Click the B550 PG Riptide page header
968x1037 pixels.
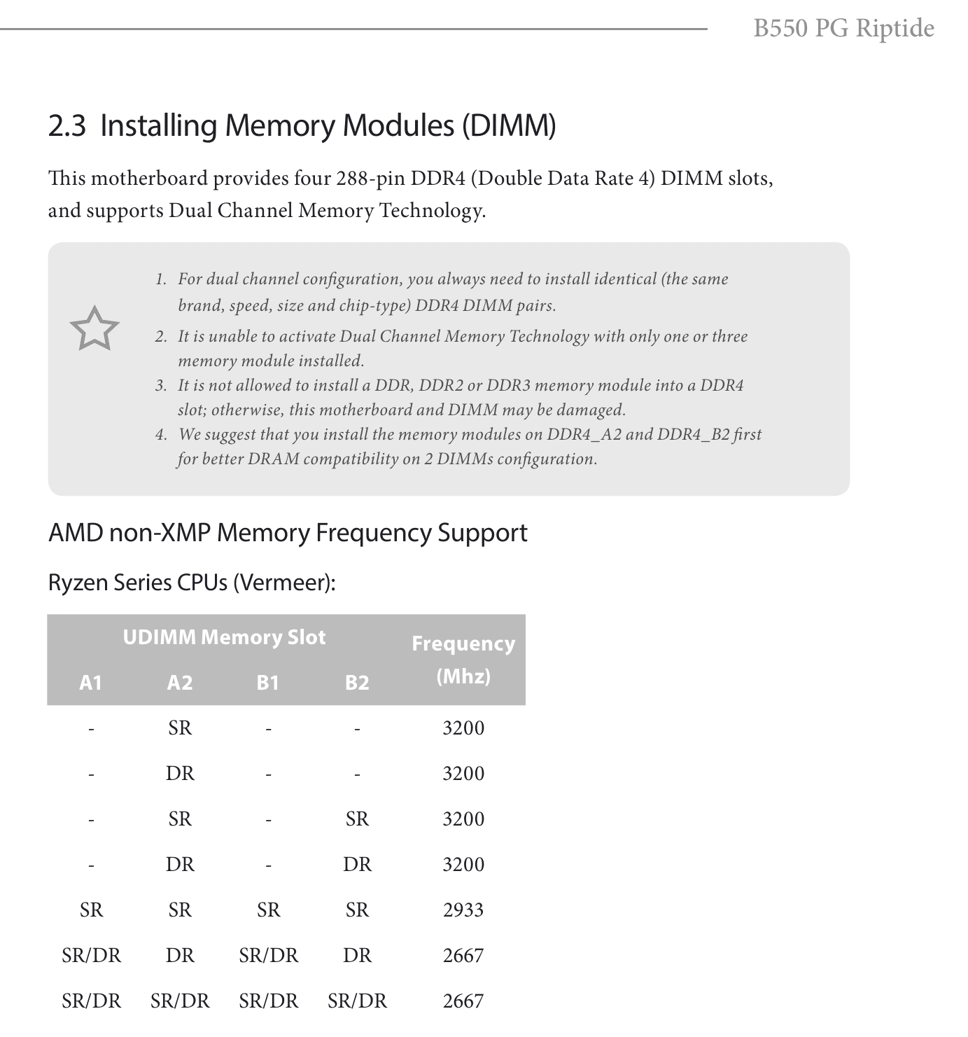843,28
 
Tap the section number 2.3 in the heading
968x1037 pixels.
66,126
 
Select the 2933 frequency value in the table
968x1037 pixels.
463,910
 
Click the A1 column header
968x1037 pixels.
91,682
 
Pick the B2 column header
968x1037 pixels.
357,682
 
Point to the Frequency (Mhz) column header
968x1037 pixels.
463,659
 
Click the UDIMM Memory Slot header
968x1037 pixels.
224,637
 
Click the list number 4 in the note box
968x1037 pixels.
161,435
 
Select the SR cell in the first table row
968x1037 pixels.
180,728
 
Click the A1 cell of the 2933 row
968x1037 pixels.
91,910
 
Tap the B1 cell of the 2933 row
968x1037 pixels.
268,910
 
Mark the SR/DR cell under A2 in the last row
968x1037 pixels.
180,1001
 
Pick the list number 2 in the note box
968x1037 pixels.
161,337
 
